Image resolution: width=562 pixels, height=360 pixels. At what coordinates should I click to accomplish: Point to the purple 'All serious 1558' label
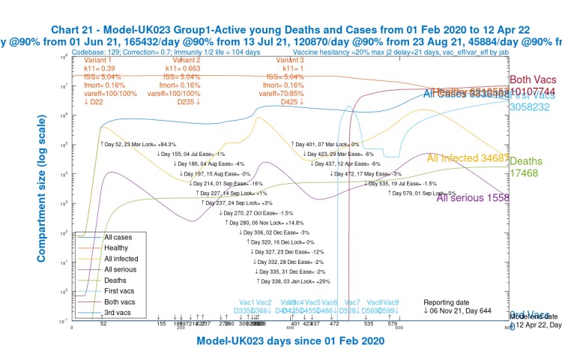473,198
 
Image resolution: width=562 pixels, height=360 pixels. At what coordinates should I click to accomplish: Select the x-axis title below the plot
291,341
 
